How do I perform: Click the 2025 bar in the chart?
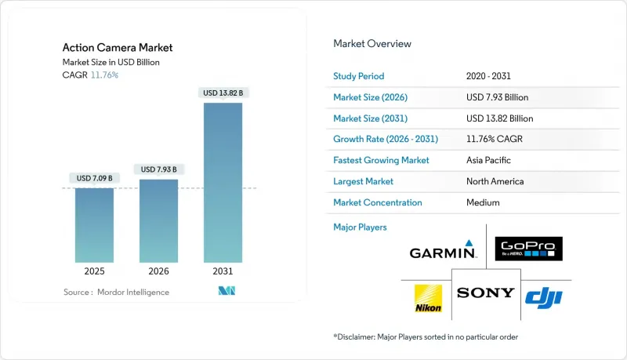click(x=95, y=225)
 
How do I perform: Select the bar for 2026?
click(x=158, y=220)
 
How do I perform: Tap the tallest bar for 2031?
click(x=223, y=182)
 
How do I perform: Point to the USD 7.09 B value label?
click(x=95, y=178)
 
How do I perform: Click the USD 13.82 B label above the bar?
click(x=223, y=93)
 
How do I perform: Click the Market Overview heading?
click(x=372, y=44)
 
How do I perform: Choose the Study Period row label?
click(x=360, y=76)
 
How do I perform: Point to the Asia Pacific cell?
click(x=489, y=160)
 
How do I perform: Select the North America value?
click(x=495, y=181)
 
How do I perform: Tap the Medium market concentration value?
click(x=482, y=202)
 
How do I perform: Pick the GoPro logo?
click(x=529, y=249)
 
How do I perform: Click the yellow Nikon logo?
click(x=428, y=296)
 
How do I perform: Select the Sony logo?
click(x=486, y=293)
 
